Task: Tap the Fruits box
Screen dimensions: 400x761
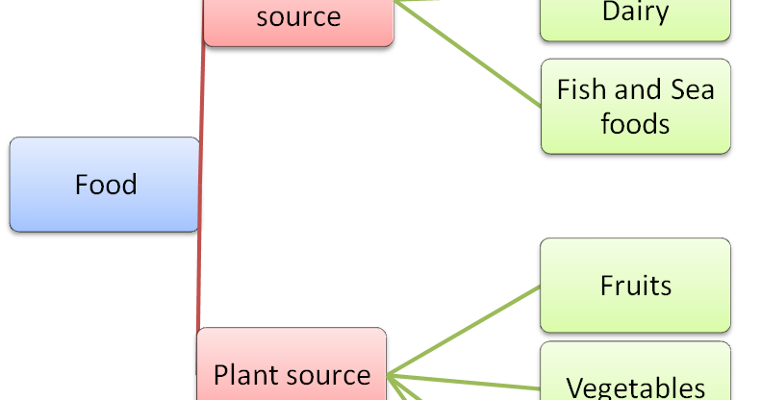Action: (x=635, y=286)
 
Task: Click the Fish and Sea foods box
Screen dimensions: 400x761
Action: (x=635, y=106)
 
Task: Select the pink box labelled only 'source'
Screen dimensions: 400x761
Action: (x=299, y=19)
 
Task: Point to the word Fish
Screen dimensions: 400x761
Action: (x=581, y=90)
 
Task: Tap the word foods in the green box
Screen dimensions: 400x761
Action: (x=635, y=124)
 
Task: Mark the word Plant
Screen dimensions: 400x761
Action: (x=243, y=374)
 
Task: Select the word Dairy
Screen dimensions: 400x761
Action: (x=635, y=12)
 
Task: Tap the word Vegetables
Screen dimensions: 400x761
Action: (x=635, y=387)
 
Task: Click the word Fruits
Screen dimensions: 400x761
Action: (x=635, y=286)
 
